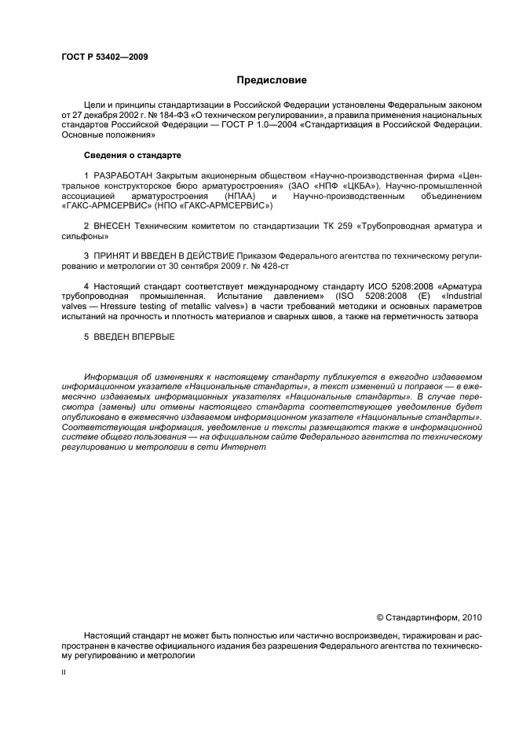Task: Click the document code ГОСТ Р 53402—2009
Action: tap(104, 57)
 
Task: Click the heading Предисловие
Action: tap(272, 79)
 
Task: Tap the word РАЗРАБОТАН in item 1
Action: tap(122, 175)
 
